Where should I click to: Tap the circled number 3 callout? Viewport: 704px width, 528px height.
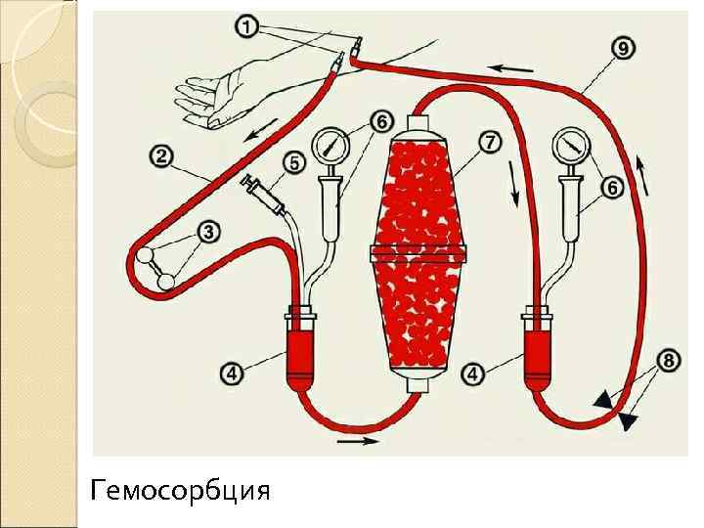click(x=209, y=232)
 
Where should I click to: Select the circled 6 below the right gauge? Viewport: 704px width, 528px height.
click(x=613, y=190)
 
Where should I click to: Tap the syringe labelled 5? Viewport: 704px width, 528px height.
click(x=264, y=192)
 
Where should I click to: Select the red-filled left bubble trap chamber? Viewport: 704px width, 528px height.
click(x=300, y=352)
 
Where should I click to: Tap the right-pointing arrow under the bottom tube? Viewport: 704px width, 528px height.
click(x=357, y=442)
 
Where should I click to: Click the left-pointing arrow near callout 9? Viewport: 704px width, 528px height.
click(x=512, y=68)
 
